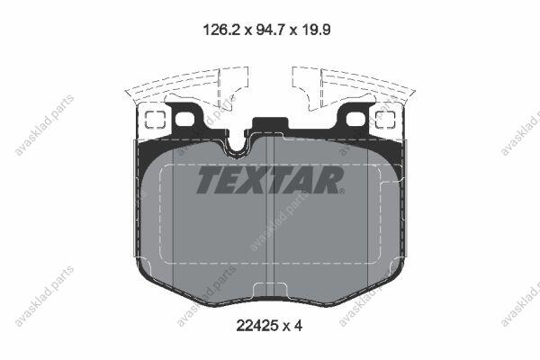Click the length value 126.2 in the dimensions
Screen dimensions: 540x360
click(x=220, y=30)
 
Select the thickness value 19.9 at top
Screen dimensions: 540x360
click(x=317, y=30)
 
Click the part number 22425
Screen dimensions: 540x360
click(x=256, y=325)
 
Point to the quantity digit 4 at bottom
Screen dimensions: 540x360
click(x=298, y=325)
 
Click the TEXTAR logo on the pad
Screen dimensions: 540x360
click(x=270, y=179)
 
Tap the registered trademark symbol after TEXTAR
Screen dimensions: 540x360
click(x=341, y=191)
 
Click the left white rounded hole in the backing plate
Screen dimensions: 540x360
click(x=184, y=120)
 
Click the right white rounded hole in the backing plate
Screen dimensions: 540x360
click(x=355, y=120)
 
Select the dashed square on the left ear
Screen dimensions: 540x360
click(x=155, y=120)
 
